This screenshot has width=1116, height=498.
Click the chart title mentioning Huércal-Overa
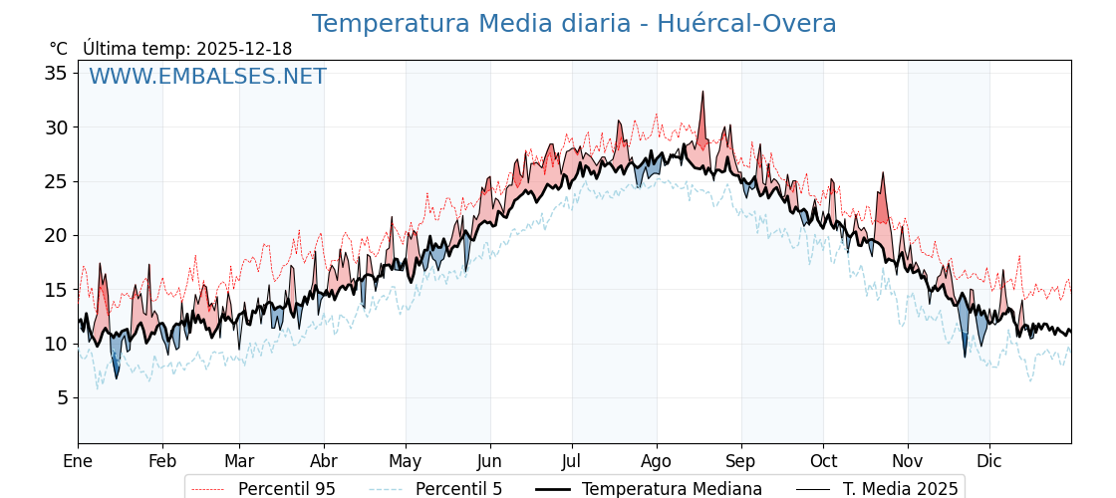coord(574,24)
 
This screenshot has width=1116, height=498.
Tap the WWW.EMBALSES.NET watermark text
coord(207,77)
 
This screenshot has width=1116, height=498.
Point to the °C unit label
coord(58,49)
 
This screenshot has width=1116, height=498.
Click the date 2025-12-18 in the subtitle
coord(244,49)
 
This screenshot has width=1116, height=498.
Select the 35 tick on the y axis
coord(56,73)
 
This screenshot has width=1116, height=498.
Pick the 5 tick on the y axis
coord(62,397)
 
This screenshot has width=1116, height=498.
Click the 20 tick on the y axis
coord(56,235)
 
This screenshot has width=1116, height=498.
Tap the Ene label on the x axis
coord(78,461)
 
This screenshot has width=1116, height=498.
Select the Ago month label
coord(657,461)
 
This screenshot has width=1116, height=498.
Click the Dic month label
coord(989,461)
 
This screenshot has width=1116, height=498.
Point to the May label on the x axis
coord(406,461)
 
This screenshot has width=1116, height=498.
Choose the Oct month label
coord(823,461)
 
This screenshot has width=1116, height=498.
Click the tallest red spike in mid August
coord(702,93)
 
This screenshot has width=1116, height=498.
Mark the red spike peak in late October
coord(882,173)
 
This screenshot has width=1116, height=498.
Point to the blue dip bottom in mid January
coord(116,377)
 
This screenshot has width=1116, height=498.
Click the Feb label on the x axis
coord(162,461)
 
